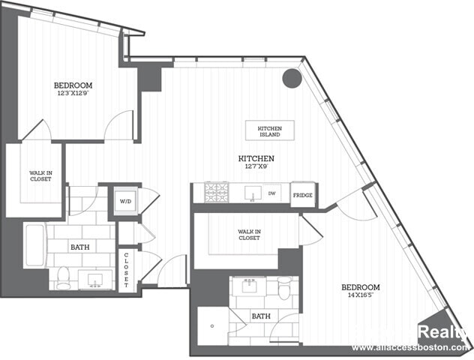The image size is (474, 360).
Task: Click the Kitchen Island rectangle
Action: (269, 130)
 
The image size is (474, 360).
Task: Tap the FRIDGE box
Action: (302, 194)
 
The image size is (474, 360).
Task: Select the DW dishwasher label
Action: (272, 193)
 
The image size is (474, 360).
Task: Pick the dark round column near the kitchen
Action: (291, 78)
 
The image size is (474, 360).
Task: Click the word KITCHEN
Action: (256, 159)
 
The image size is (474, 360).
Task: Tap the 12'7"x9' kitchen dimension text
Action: (256, 167)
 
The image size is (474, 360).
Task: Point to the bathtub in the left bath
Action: (35, 245)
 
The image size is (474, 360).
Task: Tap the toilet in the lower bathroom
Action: (285, 288)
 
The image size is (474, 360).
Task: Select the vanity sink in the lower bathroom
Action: (247, 286)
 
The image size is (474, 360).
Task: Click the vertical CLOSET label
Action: (126, 269)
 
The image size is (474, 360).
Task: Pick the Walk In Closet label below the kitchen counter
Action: (249, 235)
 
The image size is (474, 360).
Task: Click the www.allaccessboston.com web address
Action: (411, 347)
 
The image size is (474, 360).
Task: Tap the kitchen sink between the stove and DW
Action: (252, 193)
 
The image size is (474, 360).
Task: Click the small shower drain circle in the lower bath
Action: (212, 325)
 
